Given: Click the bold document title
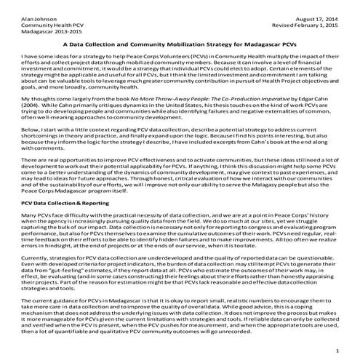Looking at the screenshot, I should click(180, 44).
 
